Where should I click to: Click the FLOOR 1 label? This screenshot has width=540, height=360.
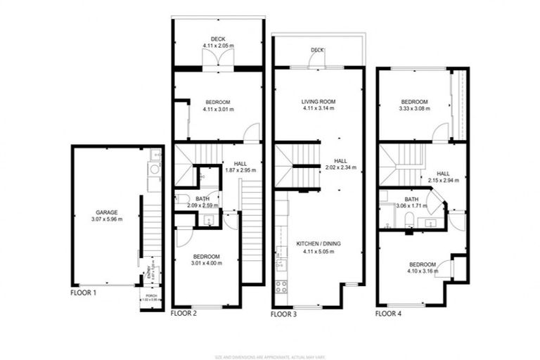click(84, 292)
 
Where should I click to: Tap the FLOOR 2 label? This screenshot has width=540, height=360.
click(184, 314)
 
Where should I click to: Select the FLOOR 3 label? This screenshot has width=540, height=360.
click(284, 314)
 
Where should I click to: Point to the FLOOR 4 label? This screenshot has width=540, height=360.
click(389, 314)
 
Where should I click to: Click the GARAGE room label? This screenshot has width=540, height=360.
click(107, 212)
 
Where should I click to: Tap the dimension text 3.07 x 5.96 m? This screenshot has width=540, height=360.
click(107, 219)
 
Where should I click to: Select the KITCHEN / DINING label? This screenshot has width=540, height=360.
click(318, 243)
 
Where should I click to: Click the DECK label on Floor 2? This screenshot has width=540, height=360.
click(217, 39)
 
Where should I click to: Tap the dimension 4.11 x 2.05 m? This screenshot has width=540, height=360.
click(217, 46)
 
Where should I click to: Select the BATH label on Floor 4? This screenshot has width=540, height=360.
click(411, 199)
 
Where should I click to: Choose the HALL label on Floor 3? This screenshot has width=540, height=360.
click(341, 160)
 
